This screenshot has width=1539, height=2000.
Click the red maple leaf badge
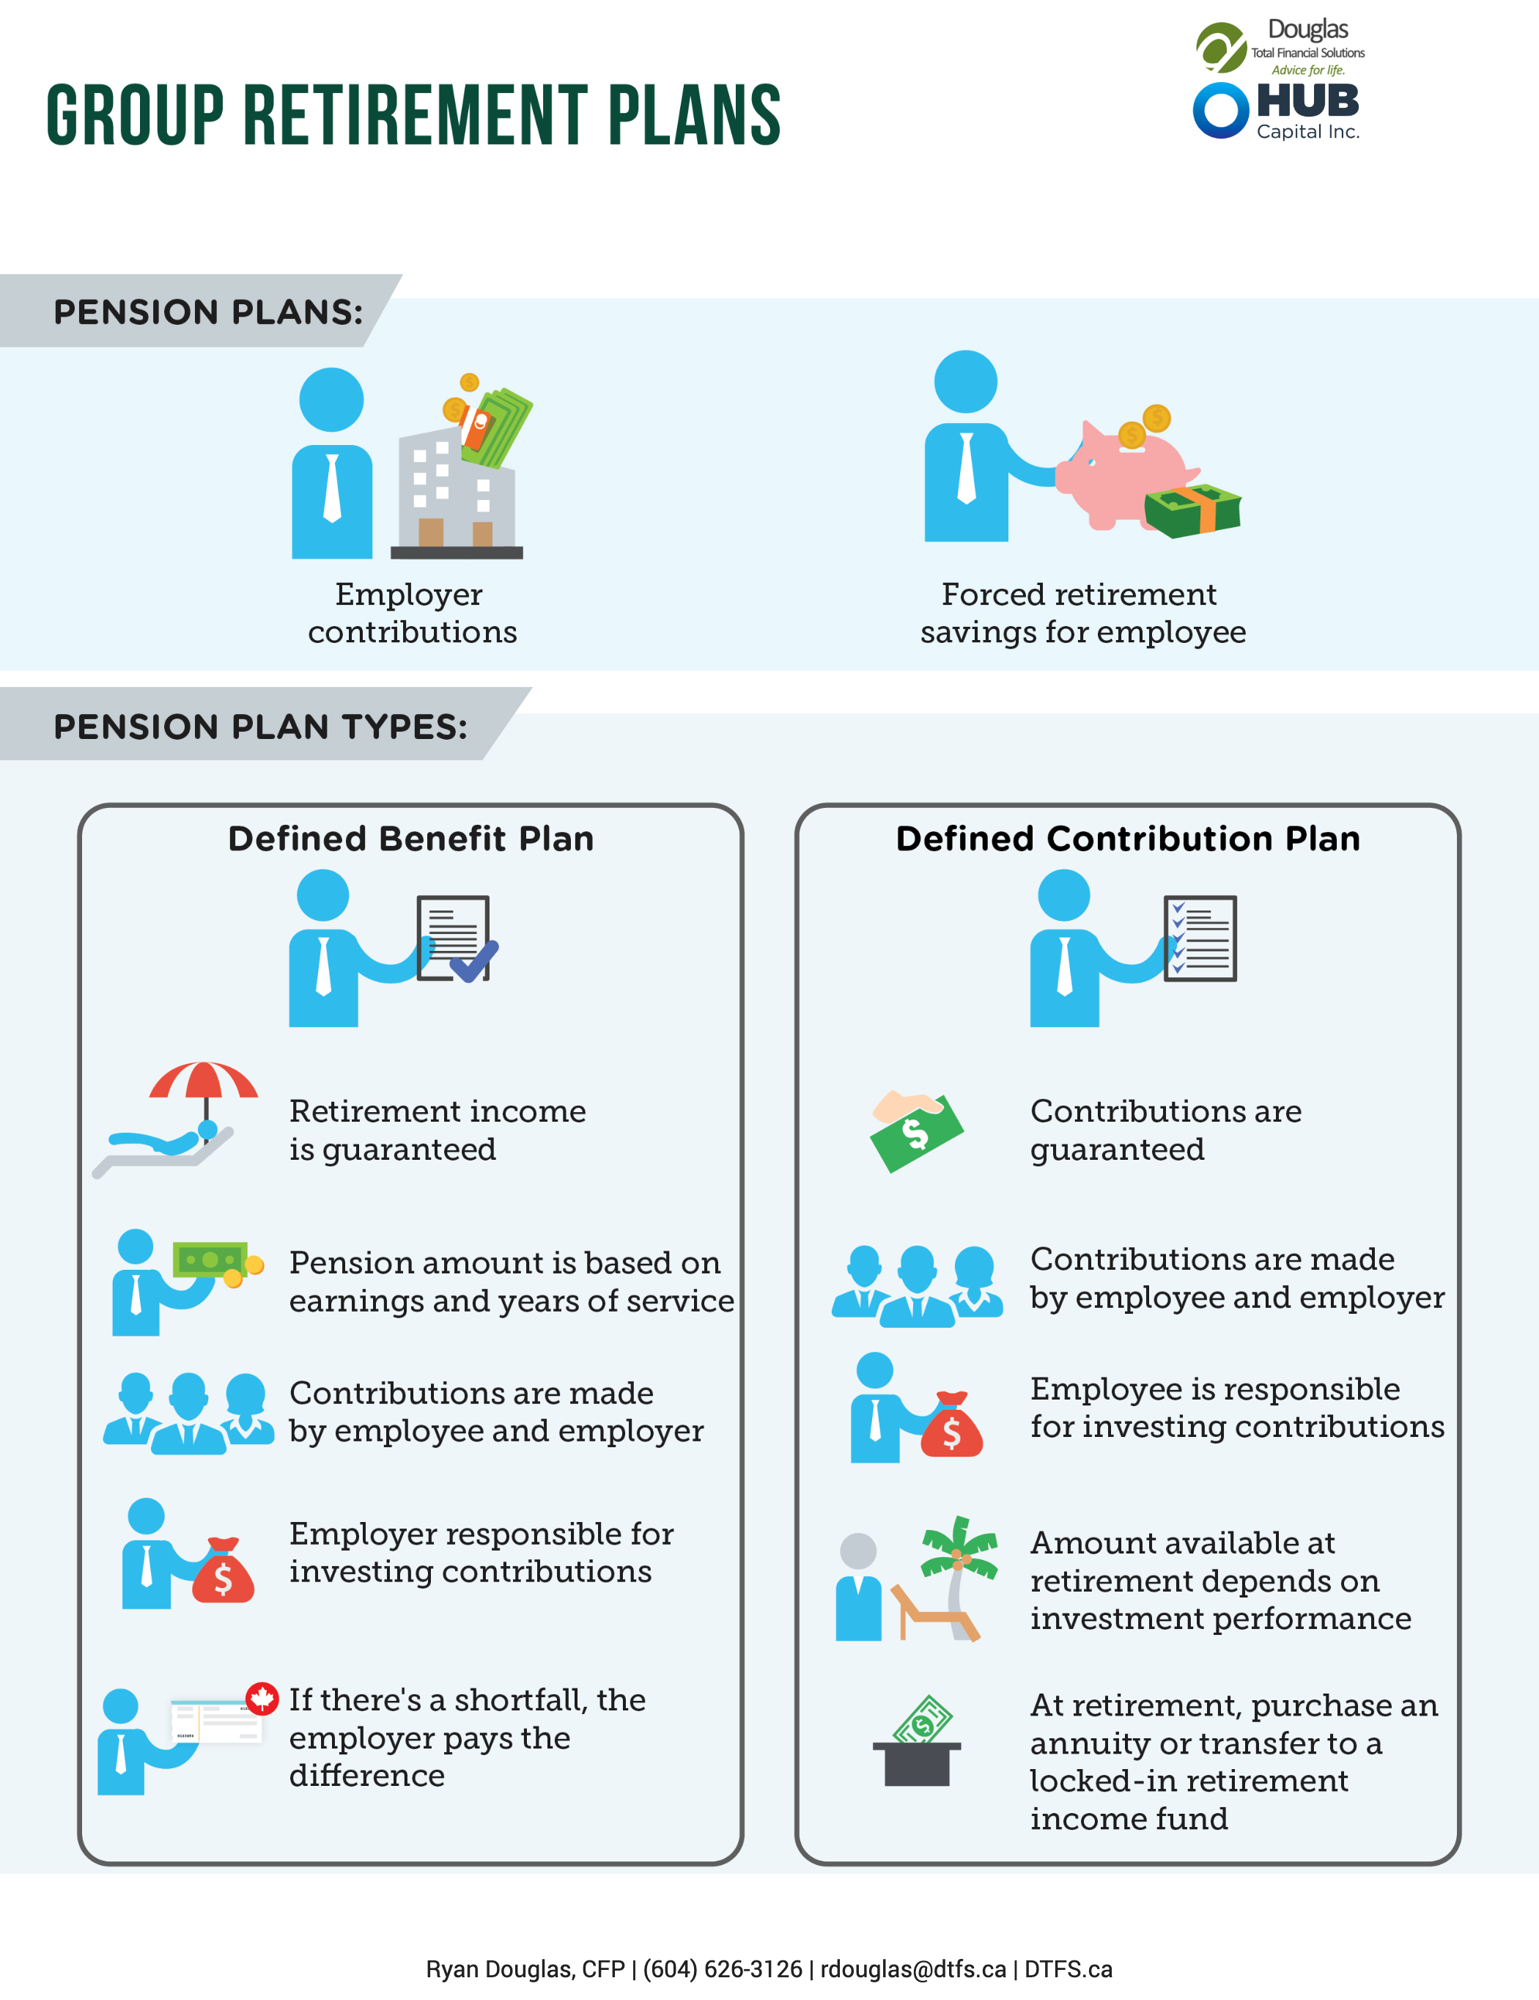[262, 1699]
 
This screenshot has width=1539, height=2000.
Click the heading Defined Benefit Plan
[411, 839]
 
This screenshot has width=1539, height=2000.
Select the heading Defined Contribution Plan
[1128, 839]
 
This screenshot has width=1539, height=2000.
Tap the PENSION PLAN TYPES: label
[261, 727]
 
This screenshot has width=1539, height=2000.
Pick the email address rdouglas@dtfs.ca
[913, 1969]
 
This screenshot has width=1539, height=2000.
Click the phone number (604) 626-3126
[723, 1969]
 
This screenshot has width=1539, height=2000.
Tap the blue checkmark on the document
[474, 960]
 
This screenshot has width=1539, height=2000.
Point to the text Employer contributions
[412, 613]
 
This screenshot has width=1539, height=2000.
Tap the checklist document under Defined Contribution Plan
[1200, 938]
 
